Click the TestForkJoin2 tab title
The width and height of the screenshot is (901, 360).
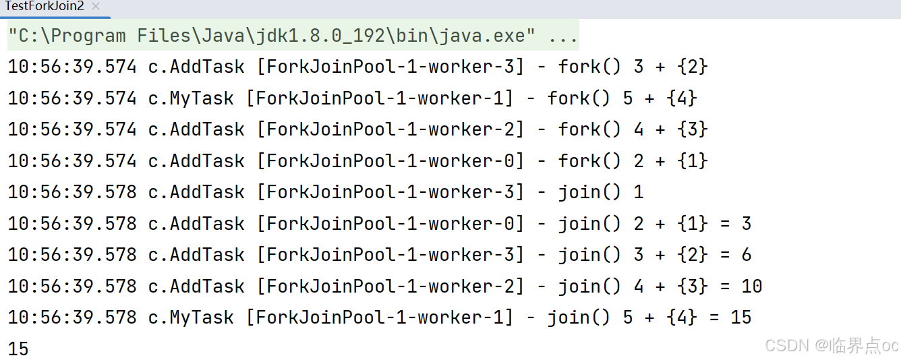(x=44, y=7)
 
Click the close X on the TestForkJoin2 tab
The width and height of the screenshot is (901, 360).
(x=95, y=7)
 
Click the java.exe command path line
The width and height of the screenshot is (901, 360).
(x=292, y=36)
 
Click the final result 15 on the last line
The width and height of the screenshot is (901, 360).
(x=18, y=349)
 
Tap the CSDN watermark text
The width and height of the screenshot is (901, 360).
(x=832, y=346)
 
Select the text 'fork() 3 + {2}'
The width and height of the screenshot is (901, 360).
(x=633, y=67)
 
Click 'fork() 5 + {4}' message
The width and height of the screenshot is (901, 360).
(x=622, y=98)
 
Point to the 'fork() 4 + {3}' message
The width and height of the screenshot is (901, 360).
(x=633, y=129)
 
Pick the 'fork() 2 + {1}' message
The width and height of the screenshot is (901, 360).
(x=633, y=161)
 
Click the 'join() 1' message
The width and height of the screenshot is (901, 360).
(x=600, y=192)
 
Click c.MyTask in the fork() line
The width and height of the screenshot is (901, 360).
(x=191, y=98)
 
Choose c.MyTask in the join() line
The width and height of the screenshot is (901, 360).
(x=191, y=318)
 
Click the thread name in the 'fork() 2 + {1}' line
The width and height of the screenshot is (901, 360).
(x=390, y=161)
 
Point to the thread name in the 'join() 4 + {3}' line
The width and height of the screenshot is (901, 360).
(x=390, y=287)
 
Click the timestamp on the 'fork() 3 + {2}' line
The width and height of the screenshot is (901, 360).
(x=72, y=67)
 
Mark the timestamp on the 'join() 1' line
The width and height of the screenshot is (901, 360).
(x=72, y=192)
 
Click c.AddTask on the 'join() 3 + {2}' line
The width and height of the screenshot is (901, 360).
(x=196, y=255)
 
